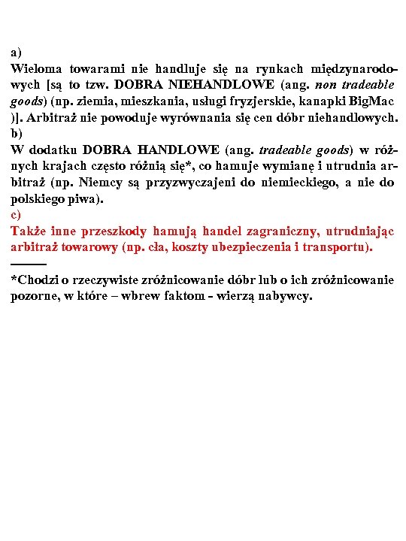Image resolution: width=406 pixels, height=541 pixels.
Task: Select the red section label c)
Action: coord(16,215)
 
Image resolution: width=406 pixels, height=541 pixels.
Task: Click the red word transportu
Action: coord(343,247)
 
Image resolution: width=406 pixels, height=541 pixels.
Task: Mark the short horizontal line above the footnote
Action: coord(29,263)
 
